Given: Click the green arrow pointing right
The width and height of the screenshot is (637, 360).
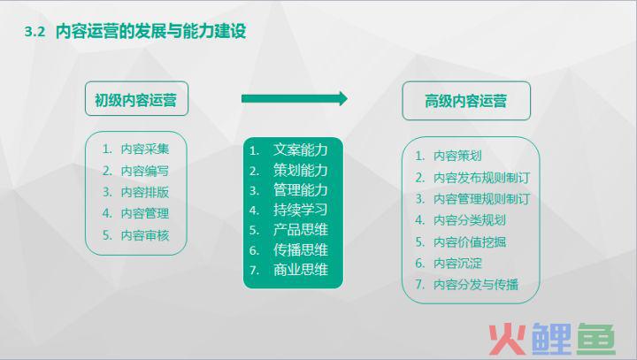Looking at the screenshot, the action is [295, 98].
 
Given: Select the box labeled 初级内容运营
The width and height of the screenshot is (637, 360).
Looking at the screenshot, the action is [136, 99].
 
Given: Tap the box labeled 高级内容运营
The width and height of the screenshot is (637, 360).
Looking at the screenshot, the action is [466, 101].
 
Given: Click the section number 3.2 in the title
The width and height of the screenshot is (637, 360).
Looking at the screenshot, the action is [35, 32].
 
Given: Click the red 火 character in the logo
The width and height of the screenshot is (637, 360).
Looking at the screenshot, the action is [508, 339].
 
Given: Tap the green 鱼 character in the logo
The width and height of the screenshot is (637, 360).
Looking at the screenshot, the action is [595, 339].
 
